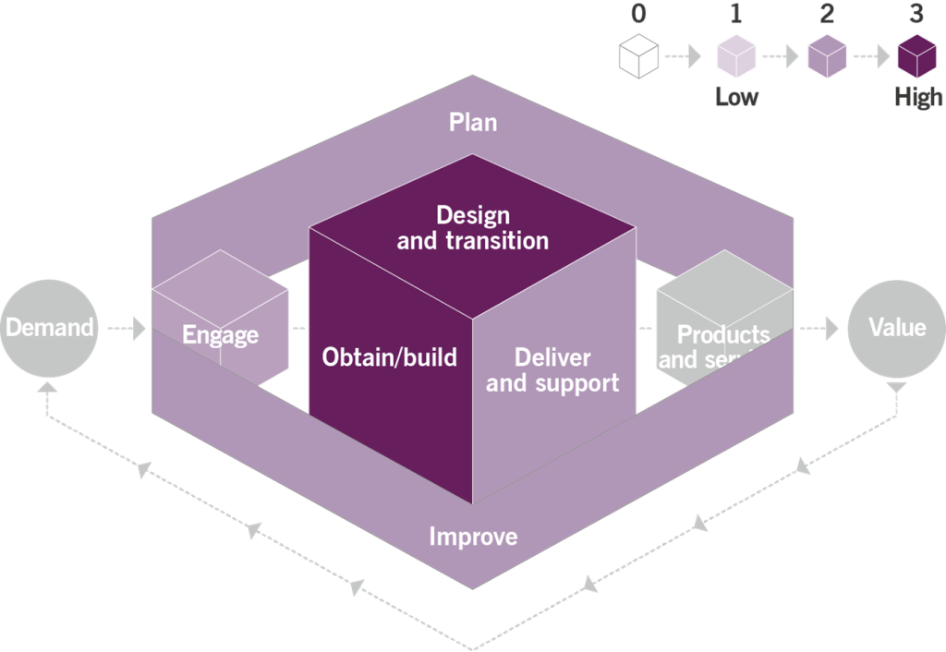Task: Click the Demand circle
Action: (x=47, y=327)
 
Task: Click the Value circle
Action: (x=895, y=327)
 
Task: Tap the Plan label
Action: (x=472, y=122)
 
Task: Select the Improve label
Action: (x=473, y=537)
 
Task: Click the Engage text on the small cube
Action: (x=220, y=334)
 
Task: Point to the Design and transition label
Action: (x=472, y=228)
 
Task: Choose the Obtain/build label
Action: (x=389, y=356)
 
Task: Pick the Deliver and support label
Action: (x=552, y=369)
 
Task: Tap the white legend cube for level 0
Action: (x=639, y=56)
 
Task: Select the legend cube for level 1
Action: (x=736, y=56)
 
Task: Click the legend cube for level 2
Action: (x=827, y=56)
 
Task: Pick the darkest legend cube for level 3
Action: (x=917, y=56)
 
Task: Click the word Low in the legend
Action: (x=736, y=97)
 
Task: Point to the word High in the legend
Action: (x=918, y=97)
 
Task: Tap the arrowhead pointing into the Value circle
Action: (x=831, y=327)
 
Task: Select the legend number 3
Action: (x=916, y=15)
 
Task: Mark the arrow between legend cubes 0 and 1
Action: (x=685, y=57)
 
